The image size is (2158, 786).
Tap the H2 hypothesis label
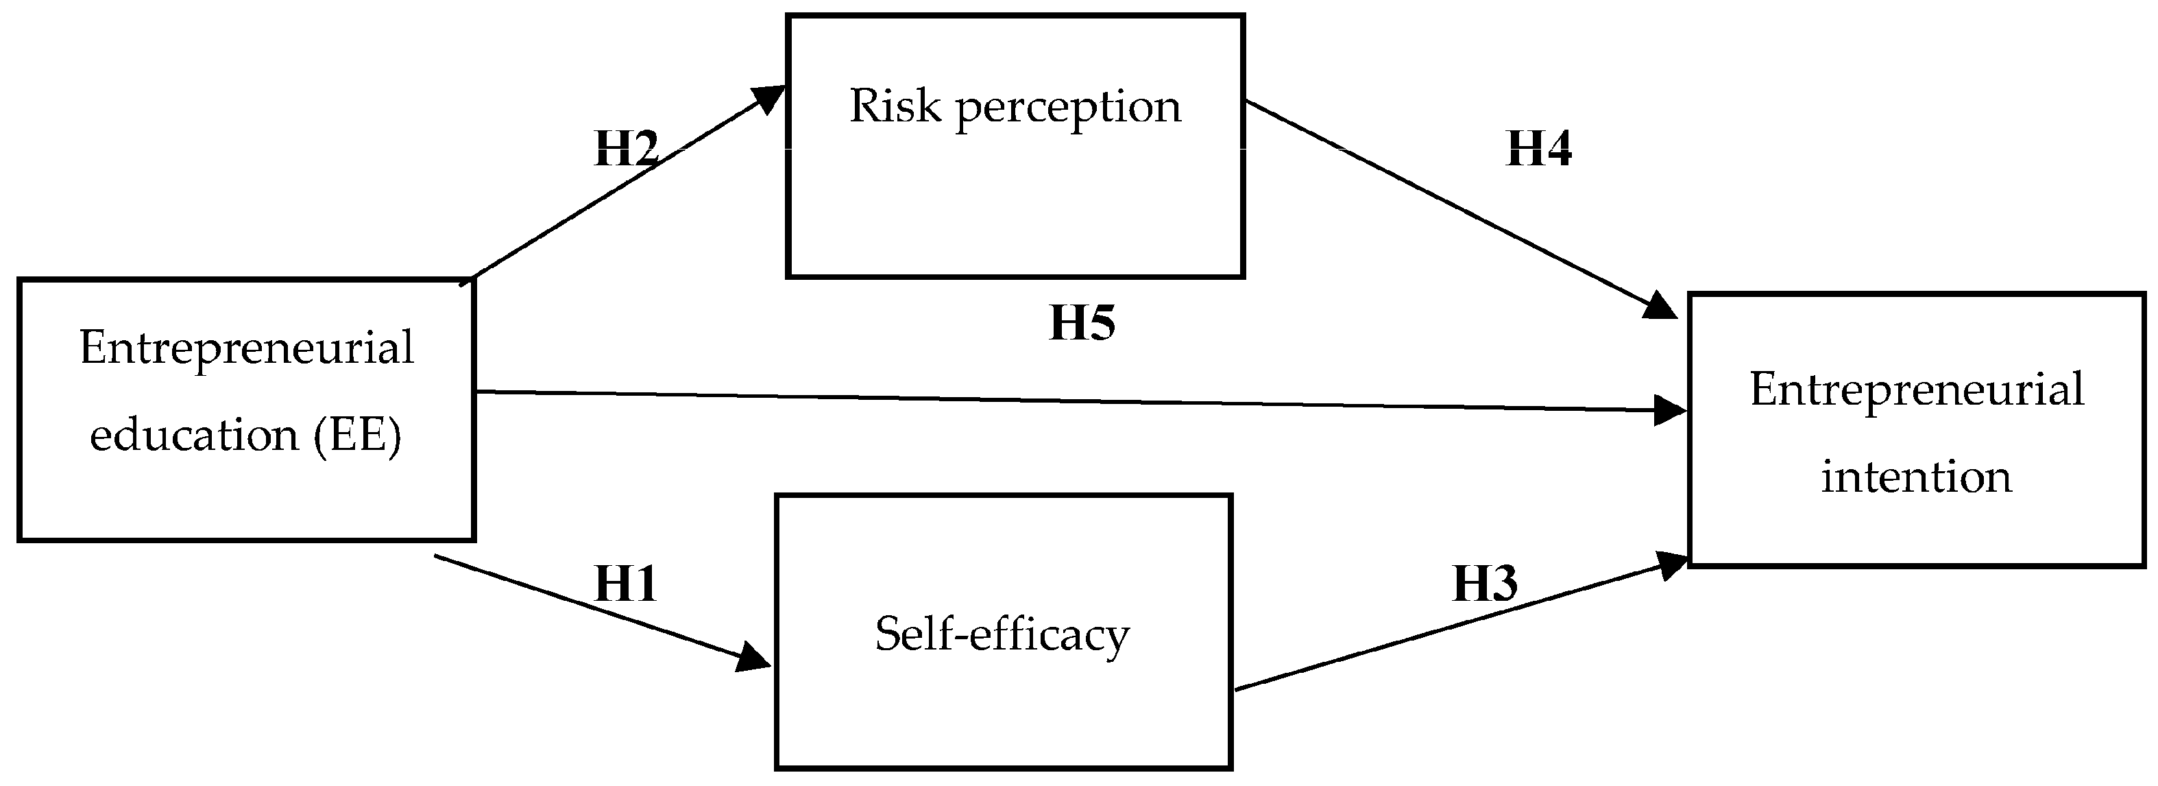pyautogui.click(x=627, y=148)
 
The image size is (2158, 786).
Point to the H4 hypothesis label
pyautogui.click(x=1539, y=148)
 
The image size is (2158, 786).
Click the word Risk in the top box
pyautogui.click(x=895, y=106)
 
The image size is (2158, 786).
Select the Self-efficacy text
pyautogui.click(x=1002, y=634)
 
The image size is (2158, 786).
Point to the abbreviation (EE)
pyautogui.click(x=358, y=436)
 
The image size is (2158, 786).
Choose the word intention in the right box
pyautogui.click(x=1917, y=477)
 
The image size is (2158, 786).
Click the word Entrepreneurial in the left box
pyautogui.click(x=247, y=348)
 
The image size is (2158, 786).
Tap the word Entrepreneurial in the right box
pyautogui.click(x=1917, y=390)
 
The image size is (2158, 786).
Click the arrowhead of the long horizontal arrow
pyautogui.click(x=1671, y=411)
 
